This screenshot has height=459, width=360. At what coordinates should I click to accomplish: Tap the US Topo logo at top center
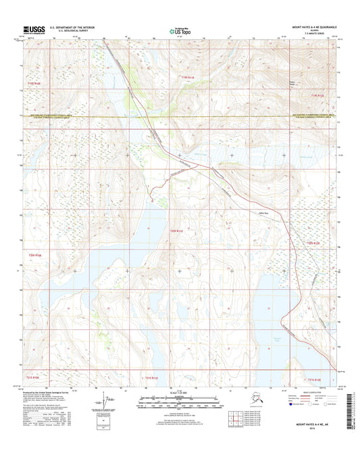click(x=179, y=30)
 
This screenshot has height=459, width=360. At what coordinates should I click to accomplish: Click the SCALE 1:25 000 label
click(x=180, y=393)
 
